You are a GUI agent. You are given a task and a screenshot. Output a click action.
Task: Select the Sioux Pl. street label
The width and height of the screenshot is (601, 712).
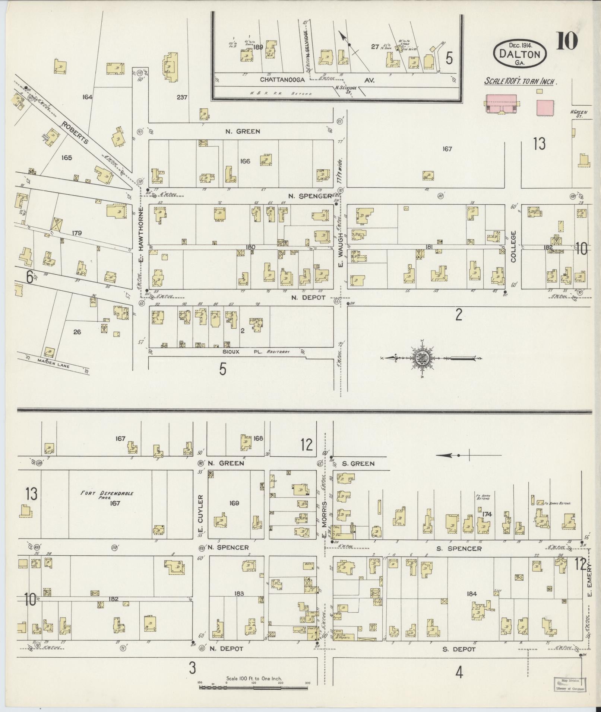click(x=233, y=351)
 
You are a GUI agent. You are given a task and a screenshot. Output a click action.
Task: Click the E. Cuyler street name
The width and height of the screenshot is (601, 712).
click(x=200, y=515)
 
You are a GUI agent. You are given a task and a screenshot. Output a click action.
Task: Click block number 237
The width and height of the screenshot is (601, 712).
click(x=182, y=98)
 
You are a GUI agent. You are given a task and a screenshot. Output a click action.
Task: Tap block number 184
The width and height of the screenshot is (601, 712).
click(x=471, y=594)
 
